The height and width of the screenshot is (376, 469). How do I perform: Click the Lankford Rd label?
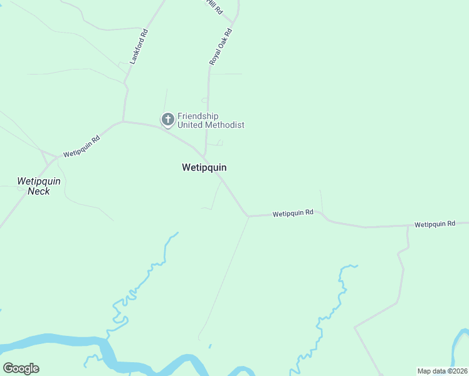pyautogui.click(x=139, y=47)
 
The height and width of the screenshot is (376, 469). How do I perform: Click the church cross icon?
pyautogui.click(x=167, y=118)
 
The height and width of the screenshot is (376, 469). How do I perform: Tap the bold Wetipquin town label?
pyautogui.click(x=204, y=167)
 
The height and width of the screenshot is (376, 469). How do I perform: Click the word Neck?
pyautogui.click(x=39, y=191)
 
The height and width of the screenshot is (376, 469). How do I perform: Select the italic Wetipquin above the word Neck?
pyautogui.click(x=39, y=181)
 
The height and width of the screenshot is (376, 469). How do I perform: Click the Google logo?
pyautogui.click(x=21, y=368)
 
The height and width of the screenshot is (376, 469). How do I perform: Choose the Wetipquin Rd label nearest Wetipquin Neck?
pyautogui.click(x=82, y=147)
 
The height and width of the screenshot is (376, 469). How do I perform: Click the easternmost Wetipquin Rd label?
pyautogui.click(x=435, y=224)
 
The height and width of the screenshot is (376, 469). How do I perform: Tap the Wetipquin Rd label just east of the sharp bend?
pyautogui.click(x=293, y=214)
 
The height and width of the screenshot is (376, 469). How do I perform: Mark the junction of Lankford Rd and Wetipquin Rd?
pyautogui.click(x=124, y=121)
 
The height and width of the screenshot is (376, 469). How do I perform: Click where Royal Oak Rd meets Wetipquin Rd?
pyautogui.click(x=205, y=156)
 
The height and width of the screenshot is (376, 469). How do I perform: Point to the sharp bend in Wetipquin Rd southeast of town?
pyautogui.click(x=248, y=216)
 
